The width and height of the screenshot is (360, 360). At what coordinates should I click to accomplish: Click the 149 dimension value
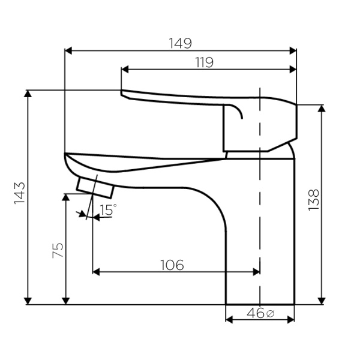[180, 43]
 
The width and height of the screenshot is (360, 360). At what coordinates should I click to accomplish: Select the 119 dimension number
[204, 62]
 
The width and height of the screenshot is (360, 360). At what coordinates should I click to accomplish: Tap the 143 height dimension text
[19, 193]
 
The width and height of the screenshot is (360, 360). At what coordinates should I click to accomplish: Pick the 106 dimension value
[172, 265]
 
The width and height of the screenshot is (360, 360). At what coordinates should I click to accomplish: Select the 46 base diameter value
[254, 313]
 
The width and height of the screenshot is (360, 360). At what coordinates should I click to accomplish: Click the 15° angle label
[109, 210]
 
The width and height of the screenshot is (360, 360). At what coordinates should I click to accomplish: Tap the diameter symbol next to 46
[270, 314]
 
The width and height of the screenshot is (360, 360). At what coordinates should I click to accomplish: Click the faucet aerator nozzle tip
[95, 187]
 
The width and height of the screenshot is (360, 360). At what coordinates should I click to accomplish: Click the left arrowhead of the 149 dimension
[67, 50]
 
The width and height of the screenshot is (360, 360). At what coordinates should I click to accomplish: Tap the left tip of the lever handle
[122, 93]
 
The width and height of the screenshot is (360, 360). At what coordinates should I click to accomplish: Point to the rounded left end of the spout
[66, 157]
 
